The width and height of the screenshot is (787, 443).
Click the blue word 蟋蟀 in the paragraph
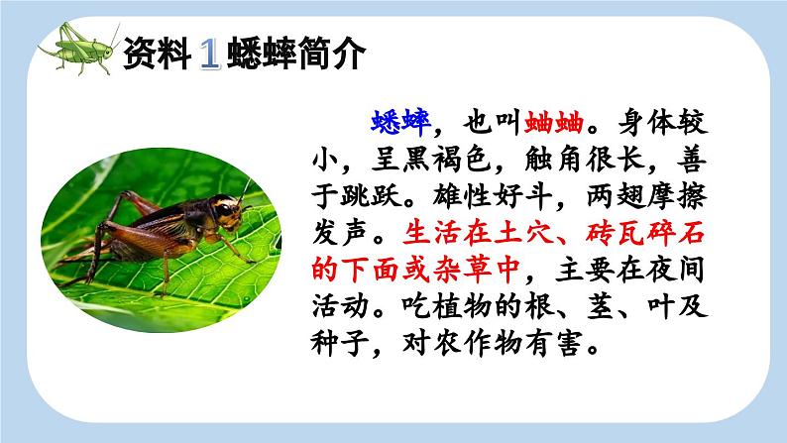point(397,121)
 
